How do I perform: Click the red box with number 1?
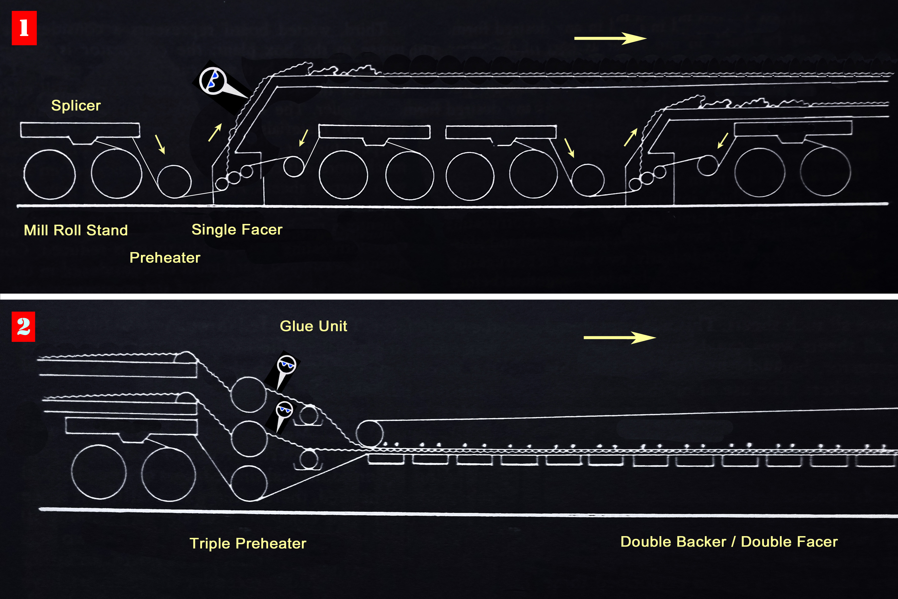pos(24,28)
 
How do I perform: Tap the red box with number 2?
pos(23,327)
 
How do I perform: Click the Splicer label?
pos(76,106)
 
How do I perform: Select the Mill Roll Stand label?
pos(76,230)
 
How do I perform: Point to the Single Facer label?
pos(237,230)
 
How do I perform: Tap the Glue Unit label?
pos(314,326)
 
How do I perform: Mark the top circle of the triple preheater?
pos(249,395)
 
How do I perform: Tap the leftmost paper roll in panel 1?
pos(50,174)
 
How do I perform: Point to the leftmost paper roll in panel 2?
pos(99,472)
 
